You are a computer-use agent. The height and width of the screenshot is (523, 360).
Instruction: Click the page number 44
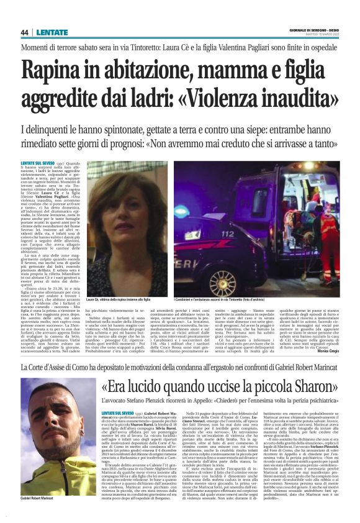pyautogui.click(x=25, y=33)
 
